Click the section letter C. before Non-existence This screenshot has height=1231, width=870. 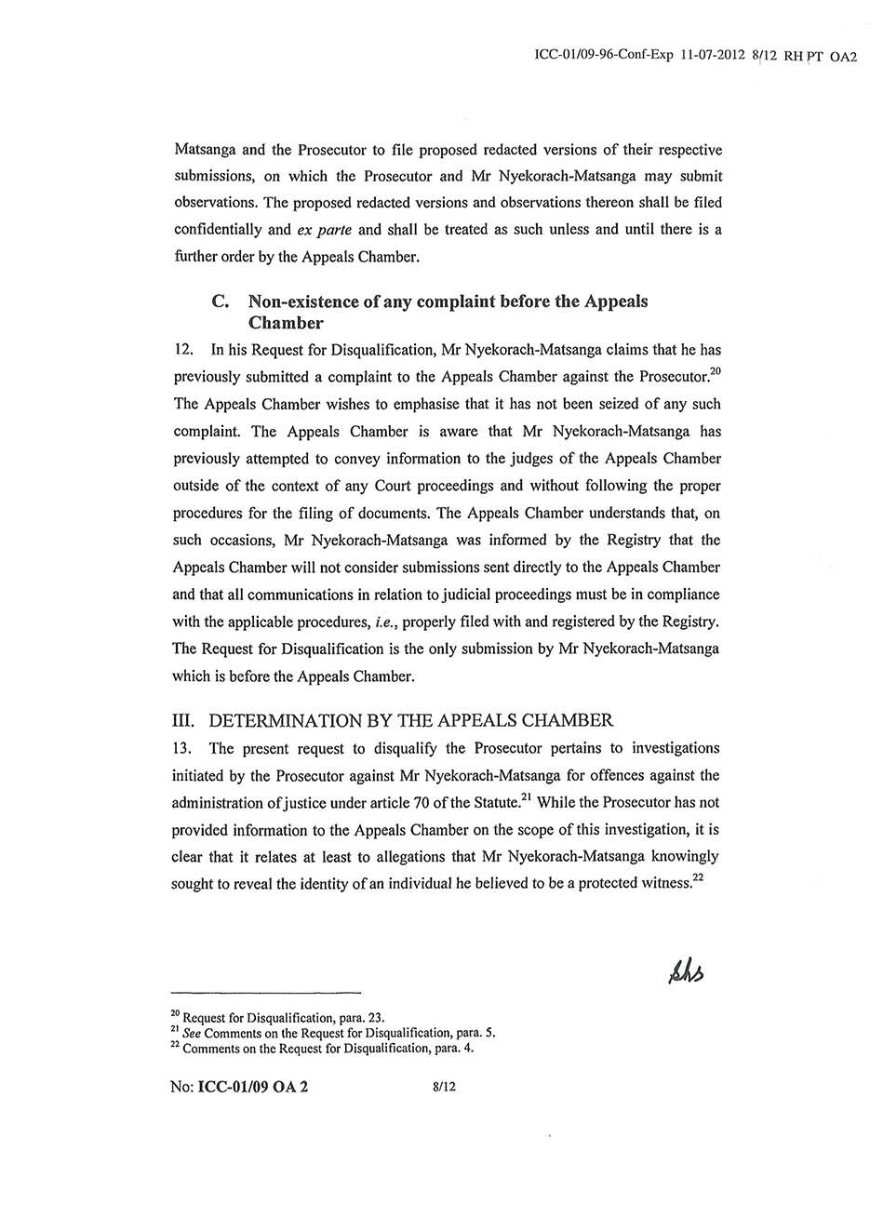tap(221, 301)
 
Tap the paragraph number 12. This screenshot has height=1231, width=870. tap(183, 351)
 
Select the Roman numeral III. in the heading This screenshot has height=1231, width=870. tap(185, 720)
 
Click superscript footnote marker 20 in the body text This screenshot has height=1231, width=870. tap(715, 372)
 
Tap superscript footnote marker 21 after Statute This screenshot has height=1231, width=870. tap(527, 797)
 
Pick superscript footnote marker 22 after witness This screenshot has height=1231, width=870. tap(698, 879)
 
